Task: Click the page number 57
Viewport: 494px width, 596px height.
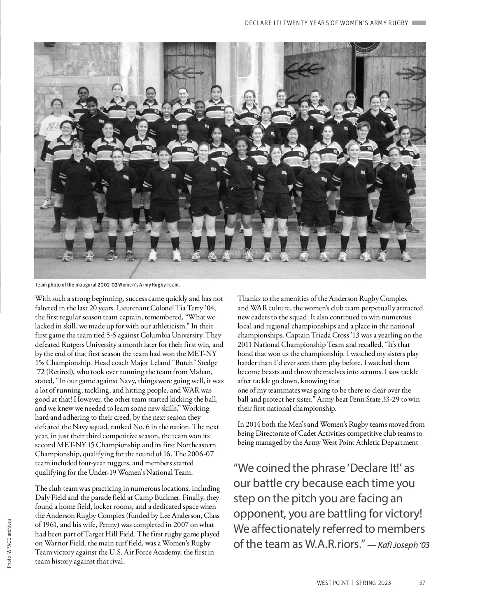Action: pyautogui.click(x=422, y=583)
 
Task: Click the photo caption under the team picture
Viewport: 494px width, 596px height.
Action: pyautogui.click(x=107, y=285)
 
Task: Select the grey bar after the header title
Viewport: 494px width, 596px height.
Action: pyautogui.click(x=418, y=23)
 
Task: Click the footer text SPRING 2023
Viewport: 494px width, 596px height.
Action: pyautogui.click(x=373, y=583)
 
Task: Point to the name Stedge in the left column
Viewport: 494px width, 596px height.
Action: pyautogui.click(x=207, y=363)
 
